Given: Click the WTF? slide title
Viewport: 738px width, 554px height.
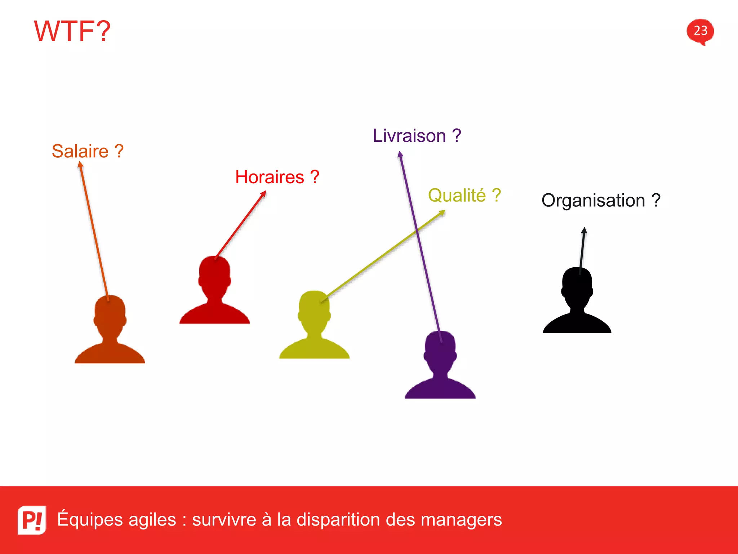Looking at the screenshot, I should [x=72, y=31].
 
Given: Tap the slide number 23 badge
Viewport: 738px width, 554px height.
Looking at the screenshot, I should [x=700, y=31].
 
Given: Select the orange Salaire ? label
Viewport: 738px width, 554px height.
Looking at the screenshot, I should [x=88, y=151].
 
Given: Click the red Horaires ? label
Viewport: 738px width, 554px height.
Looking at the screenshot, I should [x=277, y=177].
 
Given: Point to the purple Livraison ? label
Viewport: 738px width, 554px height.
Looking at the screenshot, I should [x=417, y=136].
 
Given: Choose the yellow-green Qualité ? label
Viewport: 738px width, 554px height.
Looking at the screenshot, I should [x=464, y=195].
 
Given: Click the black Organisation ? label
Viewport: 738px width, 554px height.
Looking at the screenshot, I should [x=601, y=201].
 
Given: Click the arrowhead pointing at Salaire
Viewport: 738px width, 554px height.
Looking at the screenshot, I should [x=80, y=165].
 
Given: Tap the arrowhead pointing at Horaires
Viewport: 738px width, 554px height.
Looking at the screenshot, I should [x=263, y=194].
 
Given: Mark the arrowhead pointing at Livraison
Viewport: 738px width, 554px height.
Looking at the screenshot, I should [x=400, y=155].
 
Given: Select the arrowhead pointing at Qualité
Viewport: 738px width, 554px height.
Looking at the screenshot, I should [x=442, y=213].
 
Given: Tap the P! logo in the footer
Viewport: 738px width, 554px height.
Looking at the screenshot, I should [x=32, y=520].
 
